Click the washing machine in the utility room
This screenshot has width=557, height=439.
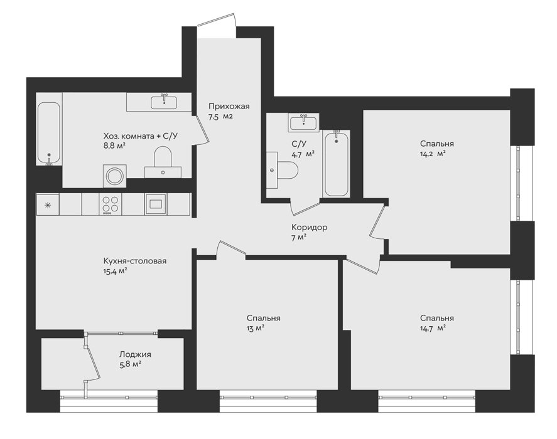coord(115,176)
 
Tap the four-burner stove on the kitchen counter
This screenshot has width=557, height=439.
coord(110,204)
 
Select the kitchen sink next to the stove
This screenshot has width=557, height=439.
coord(156,204)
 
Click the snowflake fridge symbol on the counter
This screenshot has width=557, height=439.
coord(48,204)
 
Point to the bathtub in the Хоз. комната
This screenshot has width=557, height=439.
coord(49,134)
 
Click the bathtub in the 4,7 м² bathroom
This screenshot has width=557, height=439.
coord(336,163)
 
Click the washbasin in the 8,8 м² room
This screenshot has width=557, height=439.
coord(164,102)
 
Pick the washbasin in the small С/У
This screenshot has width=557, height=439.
coord(304,122)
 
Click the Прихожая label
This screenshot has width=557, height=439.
coord(229,106)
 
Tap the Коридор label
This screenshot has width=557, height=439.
coord(310,227)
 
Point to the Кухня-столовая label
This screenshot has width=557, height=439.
coord(135,261)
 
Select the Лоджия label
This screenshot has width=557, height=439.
coord(135,354)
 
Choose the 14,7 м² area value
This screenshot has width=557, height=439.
coord(433,329)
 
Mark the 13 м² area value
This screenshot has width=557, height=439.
coord(256,329)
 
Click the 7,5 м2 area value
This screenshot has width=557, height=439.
coord(220,117)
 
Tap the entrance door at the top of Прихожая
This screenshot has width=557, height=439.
coord(217,19)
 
